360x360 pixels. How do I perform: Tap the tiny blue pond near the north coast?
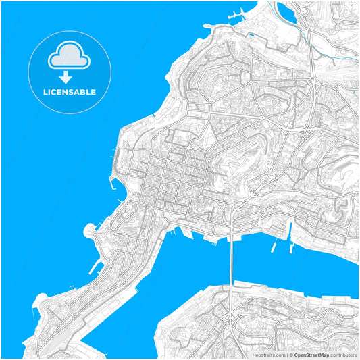(x=252, y=34)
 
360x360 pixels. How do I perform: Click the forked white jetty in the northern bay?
(x=237, y=14)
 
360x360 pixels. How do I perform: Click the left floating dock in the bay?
(x=274, y=246)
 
